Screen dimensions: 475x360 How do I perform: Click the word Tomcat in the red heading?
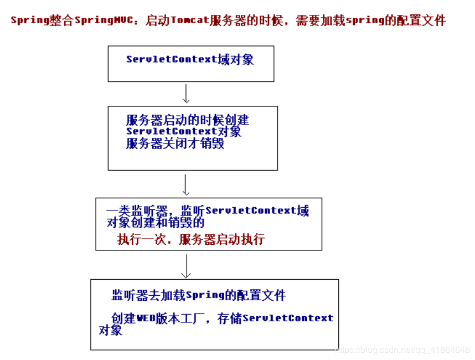click(x=190, y=21)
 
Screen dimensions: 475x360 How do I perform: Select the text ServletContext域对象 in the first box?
click(x=190, y=59)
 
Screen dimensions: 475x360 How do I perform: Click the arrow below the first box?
click(x=186, y=94)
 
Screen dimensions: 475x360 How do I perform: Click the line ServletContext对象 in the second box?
click(x=183, y=132)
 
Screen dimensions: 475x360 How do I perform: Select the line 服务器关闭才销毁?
click(x=175, y=144)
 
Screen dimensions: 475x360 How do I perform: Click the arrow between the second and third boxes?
click(x=186, y=185)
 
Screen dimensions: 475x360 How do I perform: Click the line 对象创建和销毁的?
click(x=156, y=223)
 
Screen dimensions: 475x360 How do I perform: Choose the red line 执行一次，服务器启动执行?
click(x=191, y=240)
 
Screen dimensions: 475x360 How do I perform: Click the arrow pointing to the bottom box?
click(x=186, y=266)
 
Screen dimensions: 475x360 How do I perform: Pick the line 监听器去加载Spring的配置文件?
click(x=199, y=295)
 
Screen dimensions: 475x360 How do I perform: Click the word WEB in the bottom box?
click(x=147, y=318)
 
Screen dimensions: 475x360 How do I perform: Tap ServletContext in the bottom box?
click(x=288, y=318)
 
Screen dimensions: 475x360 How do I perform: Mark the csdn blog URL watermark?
click(x=403, y=350)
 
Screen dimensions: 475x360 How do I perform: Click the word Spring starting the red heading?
click(x=27, y=21)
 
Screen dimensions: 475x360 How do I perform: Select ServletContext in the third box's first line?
click(x=251, y=211)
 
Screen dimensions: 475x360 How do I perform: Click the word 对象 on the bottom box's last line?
click(x=111, y=331)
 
